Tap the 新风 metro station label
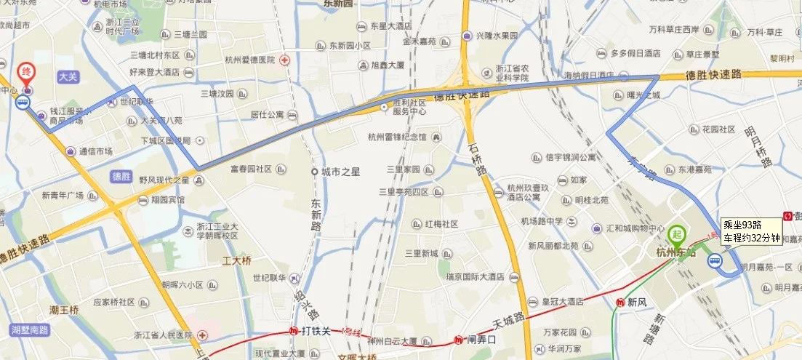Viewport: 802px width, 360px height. point(635,302)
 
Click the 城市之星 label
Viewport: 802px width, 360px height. point(341,172)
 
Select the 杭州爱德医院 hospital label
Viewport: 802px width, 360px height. point(255,60)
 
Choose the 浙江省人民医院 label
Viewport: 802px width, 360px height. point(162,335)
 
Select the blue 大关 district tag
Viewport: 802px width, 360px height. point(67,76)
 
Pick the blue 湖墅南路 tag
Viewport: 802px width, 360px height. point(29,329)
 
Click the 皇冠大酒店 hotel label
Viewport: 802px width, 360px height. point(563,301)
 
